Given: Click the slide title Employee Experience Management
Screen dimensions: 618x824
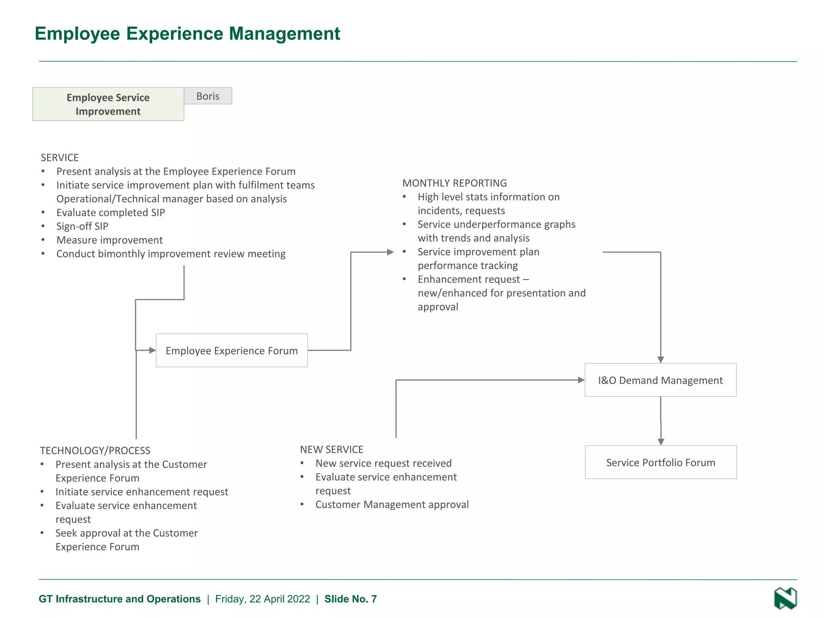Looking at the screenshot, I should [x=187, y=33].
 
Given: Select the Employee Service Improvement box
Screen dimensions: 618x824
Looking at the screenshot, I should [x=108, y=104].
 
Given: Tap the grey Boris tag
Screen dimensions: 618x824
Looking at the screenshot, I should [x=208, y=96].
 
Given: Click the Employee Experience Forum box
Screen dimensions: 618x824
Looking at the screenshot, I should [x=232, y=350].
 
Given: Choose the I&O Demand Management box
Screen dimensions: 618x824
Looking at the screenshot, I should [x=660, y=380].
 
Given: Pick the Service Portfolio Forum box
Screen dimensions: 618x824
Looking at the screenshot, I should [x=661, y=462].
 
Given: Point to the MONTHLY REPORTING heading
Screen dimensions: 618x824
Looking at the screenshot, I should [x=455, y=183].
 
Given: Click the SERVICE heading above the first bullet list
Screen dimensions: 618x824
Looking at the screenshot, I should [x=60, y=157].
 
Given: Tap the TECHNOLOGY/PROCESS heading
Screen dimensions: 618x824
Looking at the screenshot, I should [x=95, y=450].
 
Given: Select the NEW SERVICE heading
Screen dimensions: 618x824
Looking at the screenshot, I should [x=332, y=449].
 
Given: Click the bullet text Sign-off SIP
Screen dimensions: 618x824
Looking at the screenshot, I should [x=82, y=226].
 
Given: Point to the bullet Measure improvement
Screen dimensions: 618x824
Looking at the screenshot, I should [x=109, y=240].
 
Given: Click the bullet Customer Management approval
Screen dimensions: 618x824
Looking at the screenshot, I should [x=392, y=505].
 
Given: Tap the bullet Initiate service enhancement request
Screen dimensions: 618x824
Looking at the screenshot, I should [x=142, y=492].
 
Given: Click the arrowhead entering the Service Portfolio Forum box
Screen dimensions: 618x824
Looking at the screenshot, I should [x=661, y=442].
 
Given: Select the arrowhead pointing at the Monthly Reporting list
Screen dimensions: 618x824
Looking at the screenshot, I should [x=390, y=252].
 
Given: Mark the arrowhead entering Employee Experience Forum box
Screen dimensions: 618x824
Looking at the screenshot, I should [x=152, y=350].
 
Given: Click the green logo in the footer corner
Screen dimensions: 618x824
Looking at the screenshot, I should [x=785, y=598].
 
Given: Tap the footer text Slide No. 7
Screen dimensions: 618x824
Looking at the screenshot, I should [x=350, y=599].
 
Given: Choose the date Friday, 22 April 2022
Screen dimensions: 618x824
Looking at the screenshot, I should [x=262, y=599].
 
